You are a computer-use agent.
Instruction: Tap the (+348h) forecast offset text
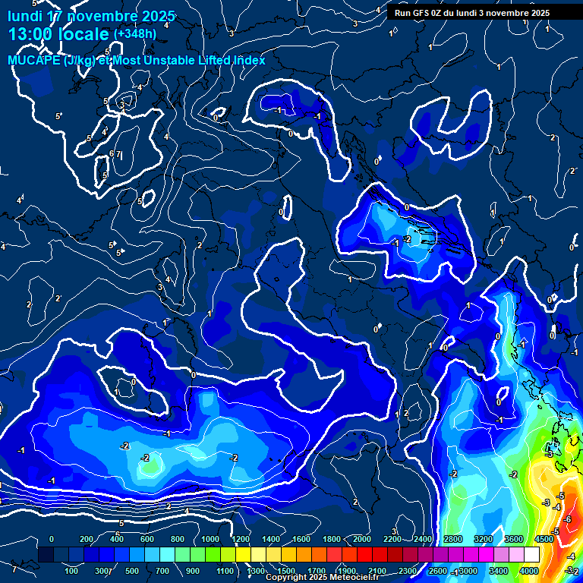[x=134, y=34]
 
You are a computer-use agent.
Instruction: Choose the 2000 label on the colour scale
[x=361, y=539]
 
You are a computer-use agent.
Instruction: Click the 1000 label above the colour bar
[x=210, y=539]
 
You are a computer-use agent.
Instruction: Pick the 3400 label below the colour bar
[x=498, y=571]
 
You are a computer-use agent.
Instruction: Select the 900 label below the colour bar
[x=194, y=571]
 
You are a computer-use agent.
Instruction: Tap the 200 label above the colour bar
[x=86, y=539]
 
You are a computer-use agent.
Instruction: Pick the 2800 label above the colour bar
[x=452, y=539]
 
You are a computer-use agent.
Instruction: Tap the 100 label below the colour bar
[x=72, y=571]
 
